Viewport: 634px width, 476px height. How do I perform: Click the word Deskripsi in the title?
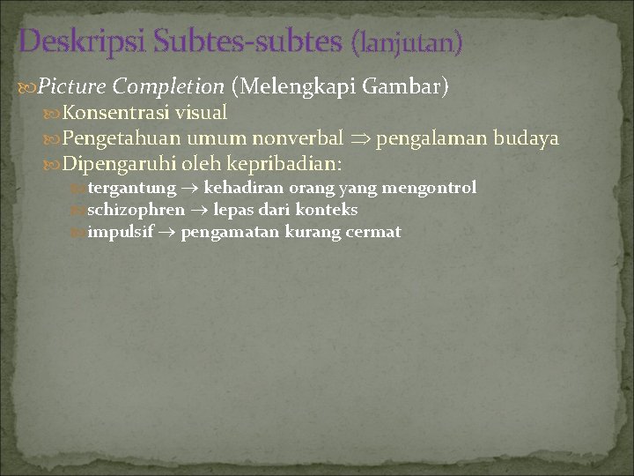coord(84,41)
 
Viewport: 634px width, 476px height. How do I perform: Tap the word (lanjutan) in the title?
coord(406,41)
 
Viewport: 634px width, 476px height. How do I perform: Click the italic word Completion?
coord(169,86)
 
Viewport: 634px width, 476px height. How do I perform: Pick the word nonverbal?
coord(298,138)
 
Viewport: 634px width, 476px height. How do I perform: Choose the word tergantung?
coord(132,188)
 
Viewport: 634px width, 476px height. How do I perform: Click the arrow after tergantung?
coord(190,188)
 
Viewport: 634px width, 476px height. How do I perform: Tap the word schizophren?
coord(136,210)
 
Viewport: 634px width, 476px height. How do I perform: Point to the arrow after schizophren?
coord(199,210)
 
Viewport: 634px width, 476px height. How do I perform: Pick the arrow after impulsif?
coord(167,233)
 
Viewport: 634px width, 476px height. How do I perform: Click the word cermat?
coord(374,232)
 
